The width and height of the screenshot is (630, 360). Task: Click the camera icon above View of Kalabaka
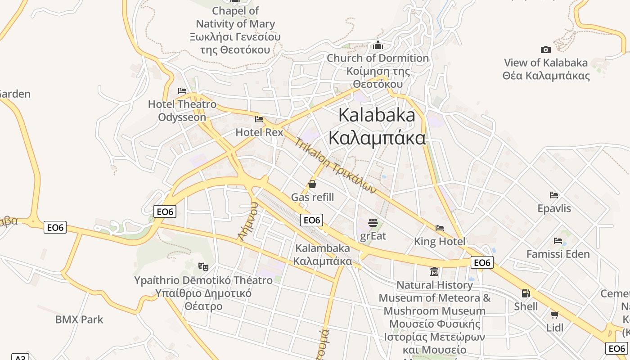coord(545,49)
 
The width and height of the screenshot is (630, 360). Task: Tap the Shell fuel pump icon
coord(526,293)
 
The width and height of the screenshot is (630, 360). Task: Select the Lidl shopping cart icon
coord(555,315)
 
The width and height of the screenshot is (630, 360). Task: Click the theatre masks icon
coord(203,267)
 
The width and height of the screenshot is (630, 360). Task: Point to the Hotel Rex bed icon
coord(259,119)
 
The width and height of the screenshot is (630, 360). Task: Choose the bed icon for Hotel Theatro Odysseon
coord(182,91)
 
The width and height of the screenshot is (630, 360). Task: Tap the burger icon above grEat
coord(373,222)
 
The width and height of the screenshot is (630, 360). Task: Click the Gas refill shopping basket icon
coord(312,184)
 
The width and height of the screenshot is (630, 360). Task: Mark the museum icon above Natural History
coord(434,272)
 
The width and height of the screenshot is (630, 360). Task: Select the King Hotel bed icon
coord(440,228)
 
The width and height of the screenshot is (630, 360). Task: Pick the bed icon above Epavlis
coord(554,195)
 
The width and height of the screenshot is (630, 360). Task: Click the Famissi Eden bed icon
coord(558,241)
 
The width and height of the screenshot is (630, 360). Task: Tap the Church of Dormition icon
coord(378,45)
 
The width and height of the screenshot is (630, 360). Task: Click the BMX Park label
coord(79,319)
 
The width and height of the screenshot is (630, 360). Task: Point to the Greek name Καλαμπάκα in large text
coord(377,138)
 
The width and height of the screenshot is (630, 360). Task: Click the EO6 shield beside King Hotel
coord(482,262)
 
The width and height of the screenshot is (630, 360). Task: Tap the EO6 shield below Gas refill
coord(312,220)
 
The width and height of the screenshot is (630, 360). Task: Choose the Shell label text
coord(526,306)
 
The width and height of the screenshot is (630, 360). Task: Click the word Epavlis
coord(554,208)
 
